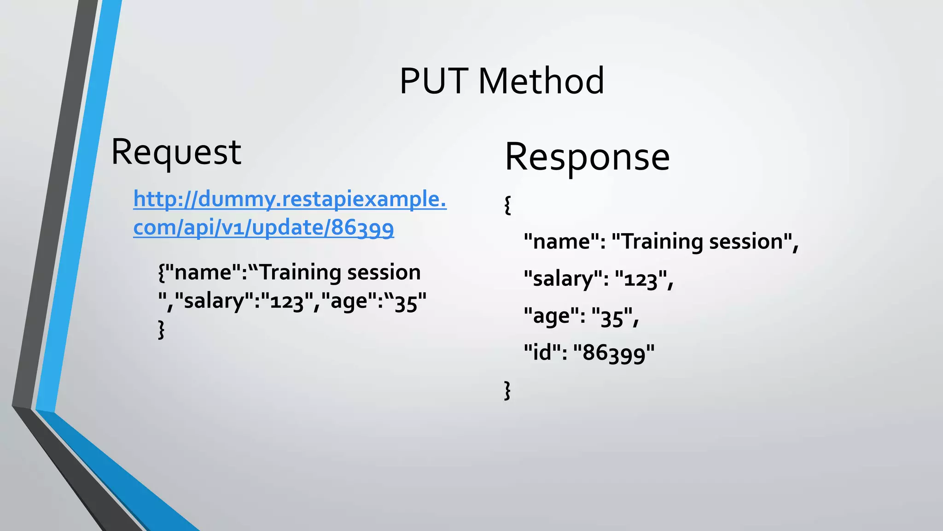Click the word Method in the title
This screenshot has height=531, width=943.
[541, 81]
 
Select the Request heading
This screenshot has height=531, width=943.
[176, 152]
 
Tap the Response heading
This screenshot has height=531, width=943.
[587, 157]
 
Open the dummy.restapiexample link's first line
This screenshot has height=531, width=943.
[290, 199]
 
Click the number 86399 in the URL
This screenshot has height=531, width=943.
[362, 228]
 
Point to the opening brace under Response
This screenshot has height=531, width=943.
[508, 205]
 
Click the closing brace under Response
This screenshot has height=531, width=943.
[507, 390]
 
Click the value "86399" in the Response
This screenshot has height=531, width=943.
[614, 353]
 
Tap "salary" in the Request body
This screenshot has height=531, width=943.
[214, 301]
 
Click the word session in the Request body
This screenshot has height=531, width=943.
[384, 272]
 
